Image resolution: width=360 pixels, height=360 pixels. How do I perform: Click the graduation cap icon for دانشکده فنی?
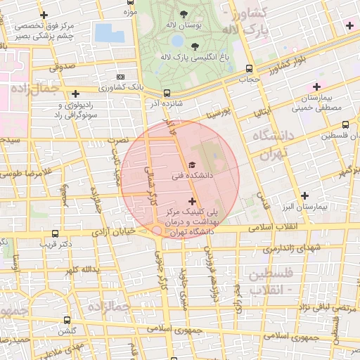point(193,165)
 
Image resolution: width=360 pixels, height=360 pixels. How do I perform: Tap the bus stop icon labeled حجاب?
point(250,68)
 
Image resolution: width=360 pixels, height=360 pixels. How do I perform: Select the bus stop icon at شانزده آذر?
point(167,93)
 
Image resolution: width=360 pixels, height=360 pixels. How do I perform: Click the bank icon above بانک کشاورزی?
point(121,77)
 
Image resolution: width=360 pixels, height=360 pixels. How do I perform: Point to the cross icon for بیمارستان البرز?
point(304,195)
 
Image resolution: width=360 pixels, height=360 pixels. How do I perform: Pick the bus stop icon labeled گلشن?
point(67,319)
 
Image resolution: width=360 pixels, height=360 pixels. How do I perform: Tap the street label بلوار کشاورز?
point(290,65)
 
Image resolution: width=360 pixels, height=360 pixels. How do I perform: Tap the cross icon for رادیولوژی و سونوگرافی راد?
point(75,93)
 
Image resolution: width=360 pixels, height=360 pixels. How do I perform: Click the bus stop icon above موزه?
point(129,2)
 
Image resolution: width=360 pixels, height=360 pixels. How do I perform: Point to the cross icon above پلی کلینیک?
point(193,201)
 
